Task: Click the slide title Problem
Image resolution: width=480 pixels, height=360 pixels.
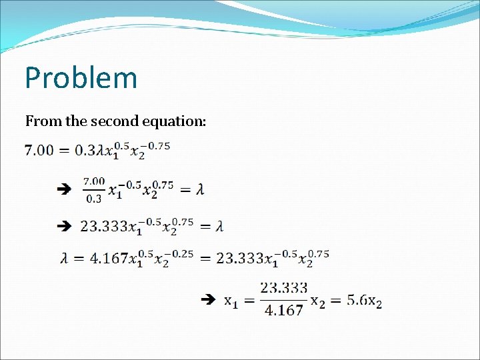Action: point(81,78)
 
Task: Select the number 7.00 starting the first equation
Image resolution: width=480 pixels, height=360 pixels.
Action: point(39,151)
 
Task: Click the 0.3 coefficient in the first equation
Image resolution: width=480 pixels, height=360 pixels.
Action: point(85,151)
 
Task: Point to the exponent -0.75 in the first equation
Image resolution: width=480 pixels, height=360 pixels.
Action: point(158,145)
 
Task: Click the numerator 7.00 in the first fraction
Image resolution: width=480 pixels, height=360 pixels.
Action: point(94,181)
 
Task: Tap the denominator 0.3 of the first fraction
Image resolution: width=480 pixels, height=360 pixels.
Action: point(94,198)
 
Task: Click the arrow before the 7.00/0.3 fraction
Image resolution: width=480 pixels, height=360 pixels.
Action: point(64,190)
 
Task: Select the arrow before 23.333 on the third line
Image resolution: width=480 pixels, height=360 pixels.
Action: point(64,227)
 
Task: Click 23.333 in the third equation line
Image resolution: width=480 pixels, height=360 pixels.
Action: point(103,227)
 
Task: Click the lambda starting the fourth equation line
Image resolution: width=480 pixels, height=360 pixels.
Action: point(64,259)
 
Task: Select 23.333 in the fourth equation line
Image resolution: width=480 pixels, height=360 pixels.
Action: point(239,259)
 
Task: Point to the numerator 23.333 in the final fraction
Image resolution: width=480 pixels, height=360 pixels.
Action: point(284,288)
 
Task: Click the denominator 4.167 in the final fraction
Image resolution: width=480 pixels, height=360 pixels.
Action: point(284,310)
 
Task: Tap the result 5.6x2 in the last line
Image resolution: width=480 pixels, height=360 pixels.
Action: point(364,301)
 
